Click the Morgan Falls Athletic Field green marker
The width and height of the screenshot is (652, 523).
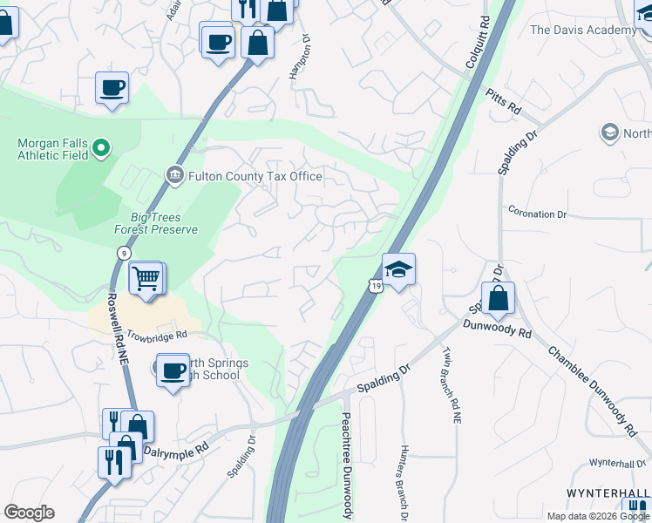point(101,149)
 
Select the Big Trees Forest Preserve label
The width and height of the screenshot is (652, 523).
point(156,223)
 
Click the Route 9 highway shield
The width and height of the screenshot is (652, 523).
point(123,252)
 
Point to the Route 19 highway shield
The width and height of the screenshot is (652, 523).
point(375,286)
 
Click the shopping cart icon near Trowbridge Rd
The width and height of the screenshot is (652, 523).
point(146,280)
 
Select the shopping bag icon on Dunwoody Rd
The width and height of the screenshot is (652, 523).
point(498,298)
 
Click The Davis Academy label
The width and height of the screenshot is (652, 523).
point(583,30)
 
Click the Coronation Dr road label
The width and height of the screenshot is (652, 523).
point(537,214)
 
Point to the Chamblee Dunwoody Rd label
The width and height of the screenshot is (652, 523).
point(592,391)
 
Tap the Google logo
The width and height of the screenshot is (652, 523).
point(29,513)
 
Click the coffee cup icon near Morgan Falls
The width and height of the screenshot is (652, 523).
point(112,89)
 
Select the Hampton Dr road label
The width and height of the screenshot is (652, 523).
point(300,58)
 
